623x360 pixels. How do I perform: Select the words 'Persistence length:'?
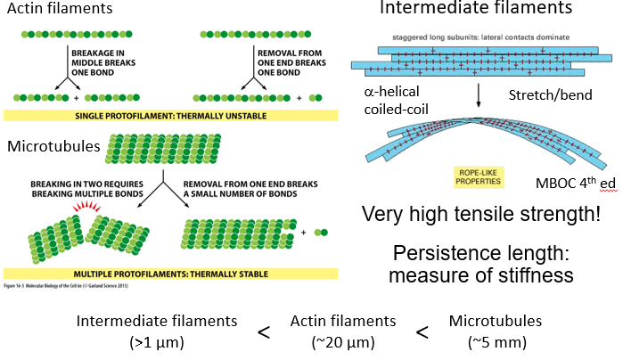[480, 253]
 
